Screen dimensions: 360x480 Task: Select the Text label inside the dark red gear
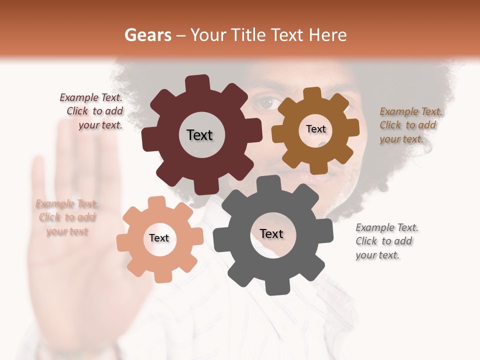point(199,135)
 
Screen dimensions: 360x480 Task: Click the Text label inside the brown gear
point(315,129)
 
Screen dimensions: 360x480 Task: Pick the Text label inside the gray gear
point(271,233)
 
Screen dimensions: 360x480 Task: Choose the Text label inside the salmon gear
point(159,238)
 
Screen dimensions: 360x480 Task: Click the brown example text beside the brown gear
point(410,125)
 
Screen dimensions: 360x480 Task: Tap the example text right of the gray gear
point(386,241)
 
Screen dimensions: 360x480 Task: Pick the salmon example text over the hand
point(67,217)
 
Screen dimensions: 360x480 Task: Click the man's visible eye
point(265,103)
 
